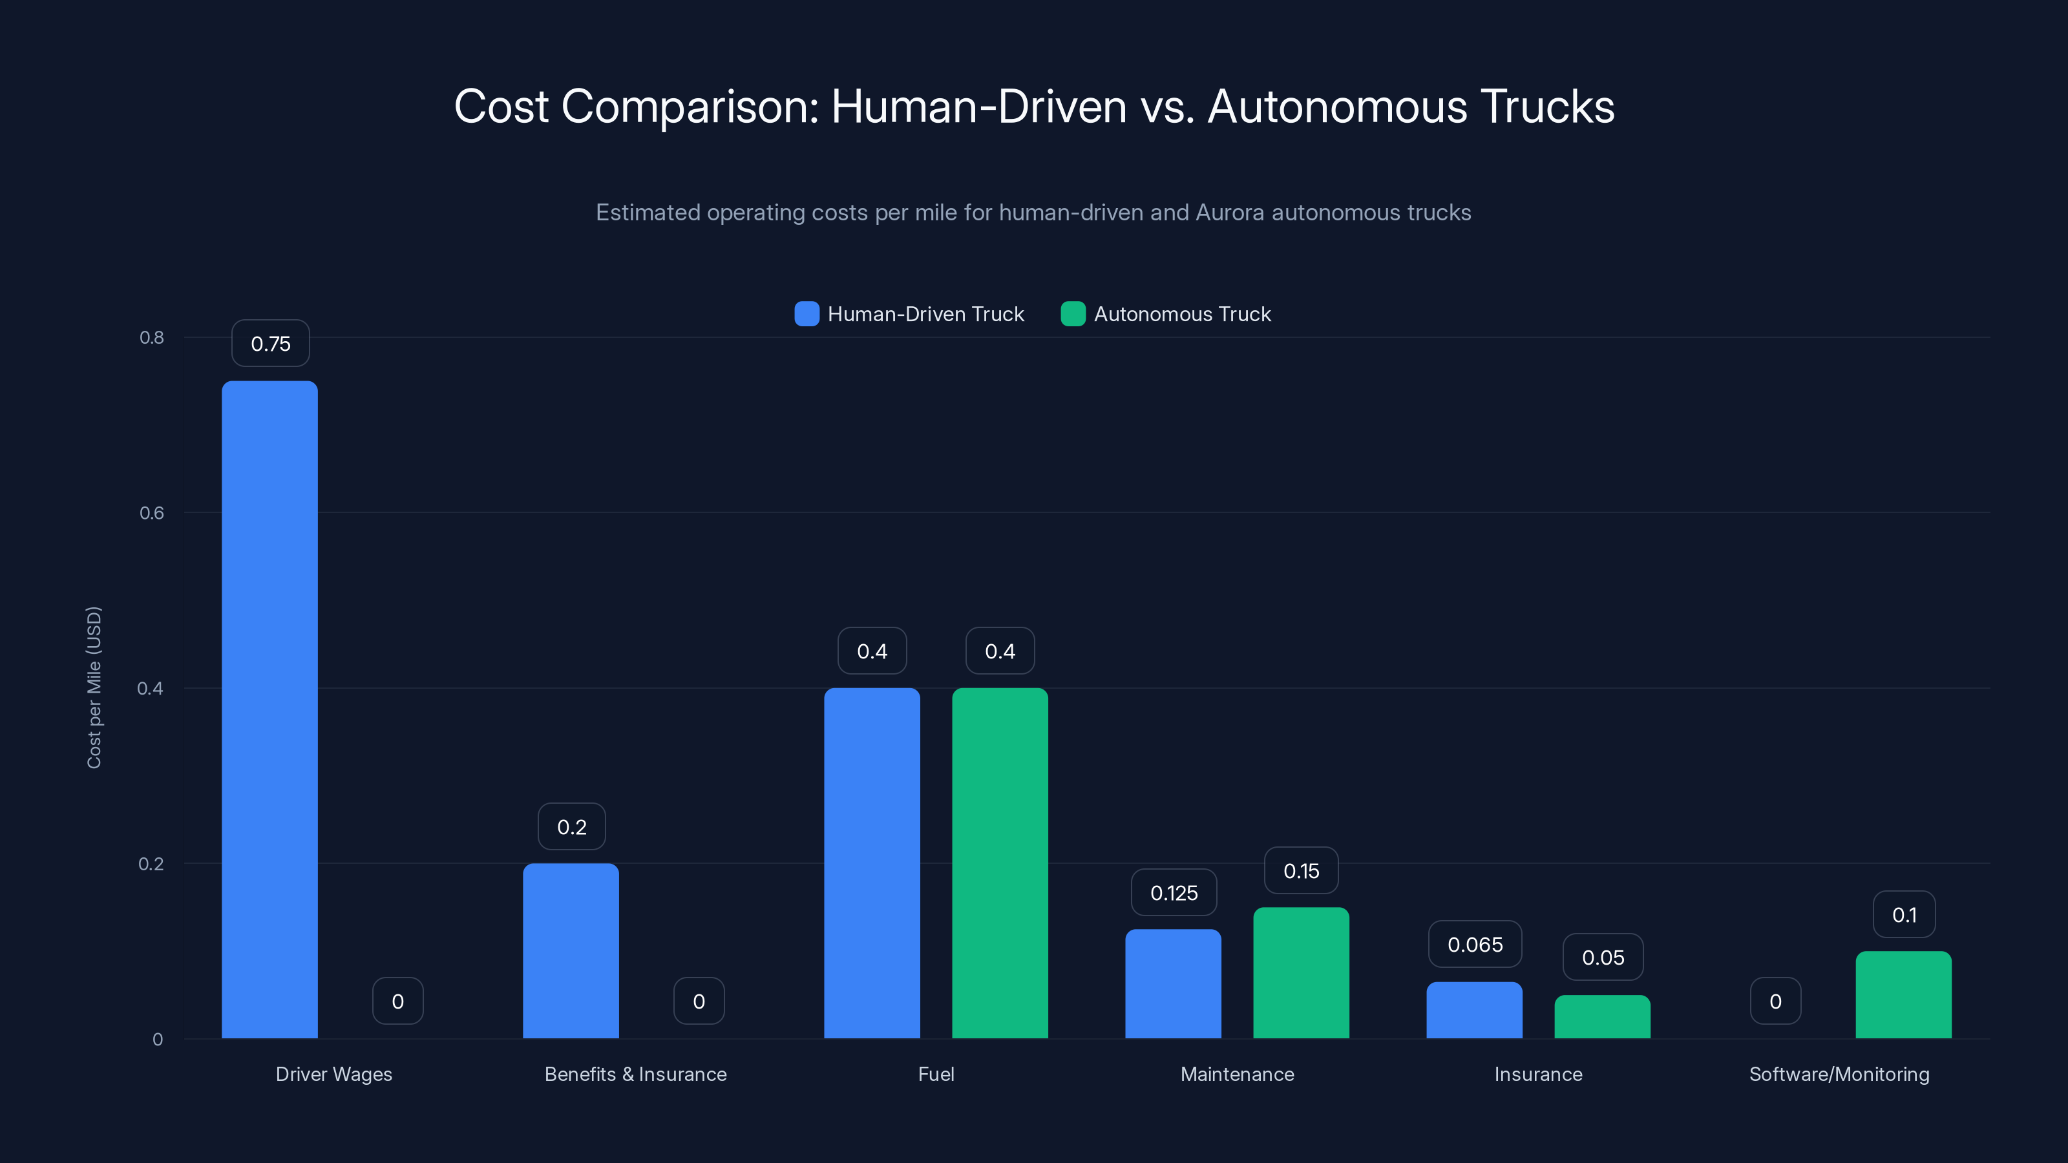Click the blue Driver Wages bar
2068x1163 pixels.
pos(269,709)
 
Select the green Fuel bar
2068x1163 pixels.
pos(1000,863)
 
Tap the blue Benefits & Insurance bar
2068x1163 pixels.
pos(571,950)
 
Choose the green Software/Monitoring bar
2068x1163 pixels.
pos(1903,994)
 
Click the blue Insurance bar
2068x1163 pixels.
pos(1474,1010)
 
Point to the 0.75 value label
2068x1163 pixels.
pos(271,344)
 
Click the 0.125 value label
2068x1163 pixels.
pos(1174,892)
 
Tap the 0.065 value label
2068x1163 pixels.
pos(1475,945)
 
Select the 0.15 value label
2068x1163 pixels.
pos(1300,871)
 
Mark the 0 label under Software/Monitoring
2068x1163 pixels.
pos(1775,1001)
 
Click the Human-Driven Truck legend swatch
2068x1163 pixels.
pos(806,314)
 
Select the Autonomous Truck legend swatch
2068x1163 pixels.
pos(1073,314)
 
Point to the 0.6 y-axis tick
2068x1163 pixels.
pos(152,513)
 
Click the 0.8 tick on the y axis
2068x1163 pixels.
pos(152,337)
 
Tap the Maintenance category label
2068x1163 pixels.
pos(1236,1074)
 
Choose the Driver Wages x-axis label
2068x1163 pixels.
pos(333,1074)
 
